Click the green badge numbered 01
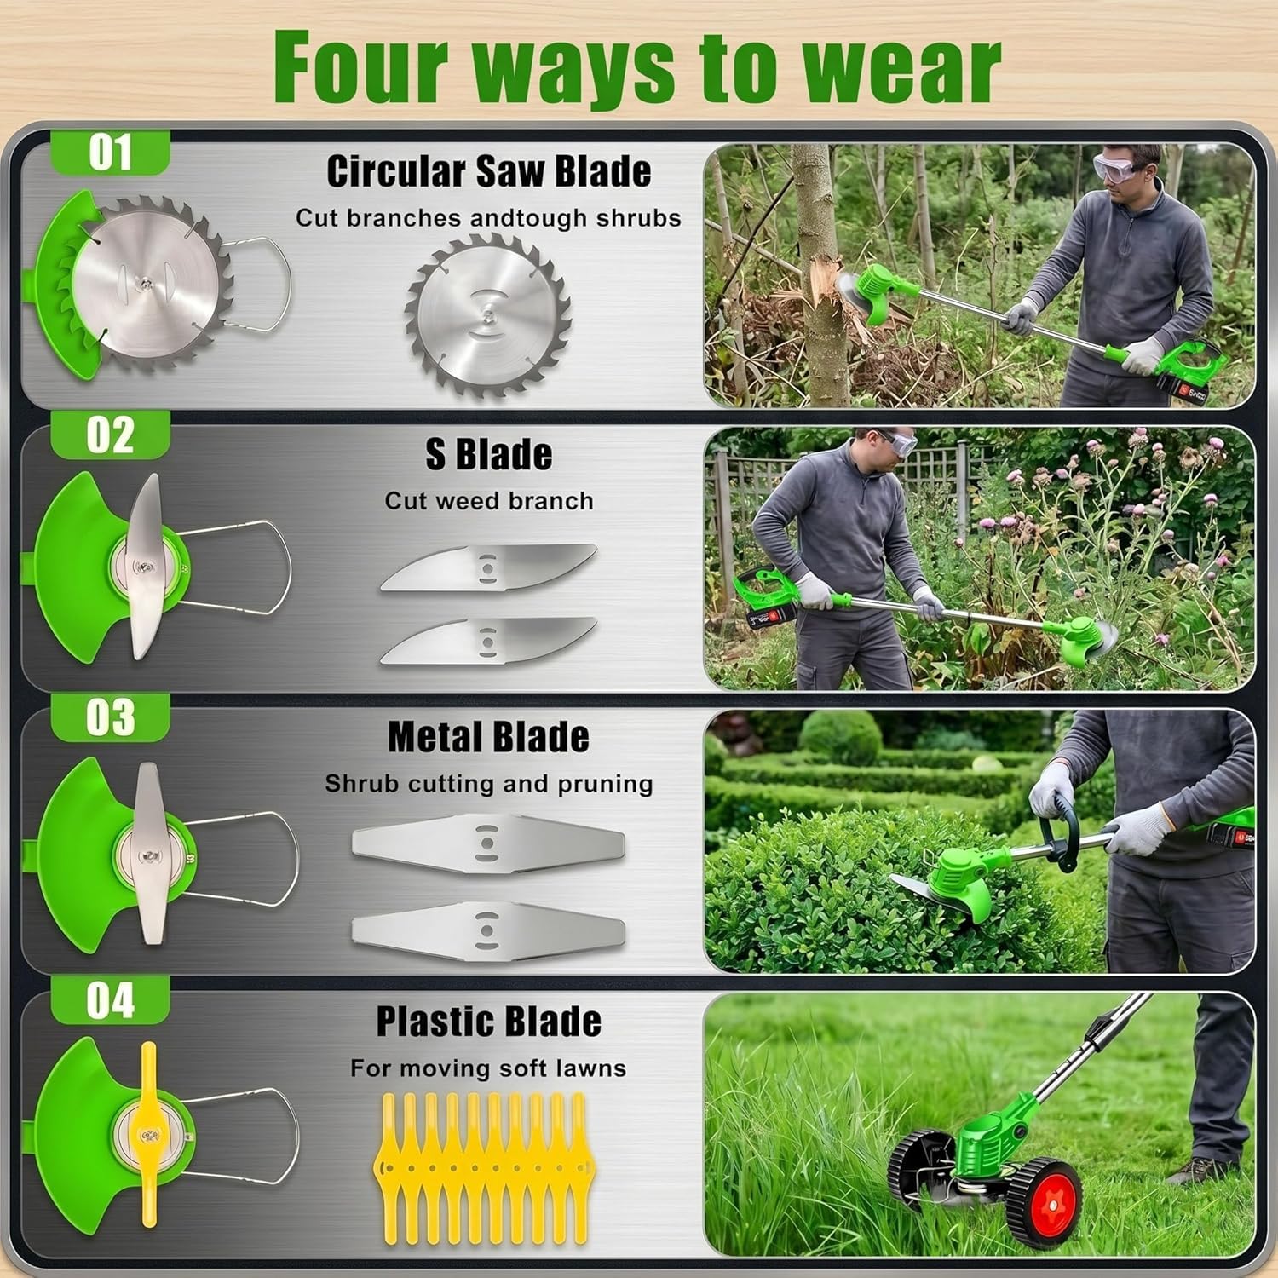(x=111, y=153)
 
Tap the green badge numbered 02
(x=111, y=435)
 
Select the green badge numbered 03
(x=111, y=717)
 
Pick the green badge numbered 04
(x=111, y=1000)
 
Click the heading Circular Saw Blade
(x=488, y=171)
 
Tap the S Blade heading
(x=489, y=454)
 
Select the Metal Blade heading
(x=488, y=738)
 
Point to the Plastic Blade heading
(x=489, y=1022)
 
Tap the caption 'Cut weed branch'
(x=489, y=501)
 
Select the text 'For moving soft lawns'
(x=488, y=1068)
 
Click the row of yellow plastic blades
(x=481, y=1167)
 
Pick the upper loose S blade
(x=488, y=567)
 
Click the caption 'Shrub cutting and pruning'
(x=489, y=784)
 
